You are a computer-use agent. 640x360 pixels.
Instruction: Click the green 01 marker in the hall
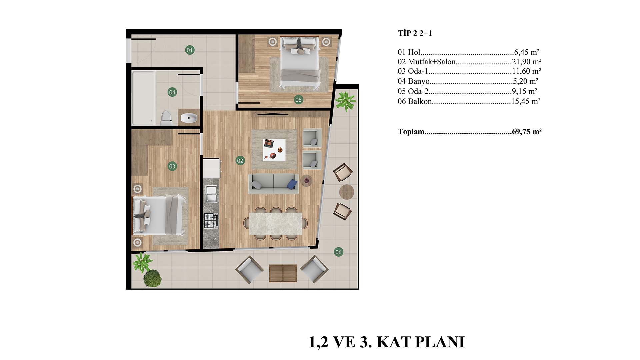click(x=190, y=50)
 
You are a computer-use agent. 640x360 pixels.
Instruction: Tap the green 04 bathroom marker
click(x=172, y=92)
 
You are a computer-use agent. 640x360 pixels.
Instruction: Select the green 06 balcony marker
click(x=338, y=252)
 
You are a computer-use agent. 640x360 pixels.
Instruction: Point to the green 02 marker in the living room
click(x=240, y=161)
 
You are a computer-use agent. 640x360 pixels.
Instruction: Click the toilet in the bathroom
click(x=166, y=118)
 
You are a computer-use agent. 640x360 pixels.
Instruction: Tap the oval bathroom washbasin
click(x=189, y=117)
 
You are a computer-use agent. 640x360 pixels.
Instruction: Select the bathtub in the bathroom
click(x=144, y=98)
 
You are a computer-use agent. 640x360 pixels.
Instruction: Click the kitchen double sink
click(x=211, y=194)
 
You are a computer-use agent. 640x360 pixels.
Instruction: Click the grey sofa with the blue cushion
click(x=273, y=184)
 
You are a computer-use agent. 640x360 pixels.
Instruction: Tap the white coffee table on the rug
click(x=274, y=150)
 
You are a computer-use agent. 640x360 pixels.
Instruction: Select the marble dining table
click(x=275, y=223)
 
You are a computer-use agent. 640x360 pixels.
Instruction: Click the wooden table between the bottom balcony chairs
click(x=283, y=273)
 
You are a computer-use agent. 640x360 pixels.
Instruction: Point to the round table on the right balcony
click(x=347, y=192)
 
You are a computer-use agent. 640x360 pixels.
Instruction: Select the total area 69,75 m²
click(x=527, y=132)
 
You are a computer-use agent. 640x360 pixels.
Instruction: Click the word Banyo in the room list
click(x=419, y=81)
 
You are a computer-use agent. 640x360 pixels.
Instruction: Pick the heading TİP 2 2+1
click(x=415, y=33)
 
